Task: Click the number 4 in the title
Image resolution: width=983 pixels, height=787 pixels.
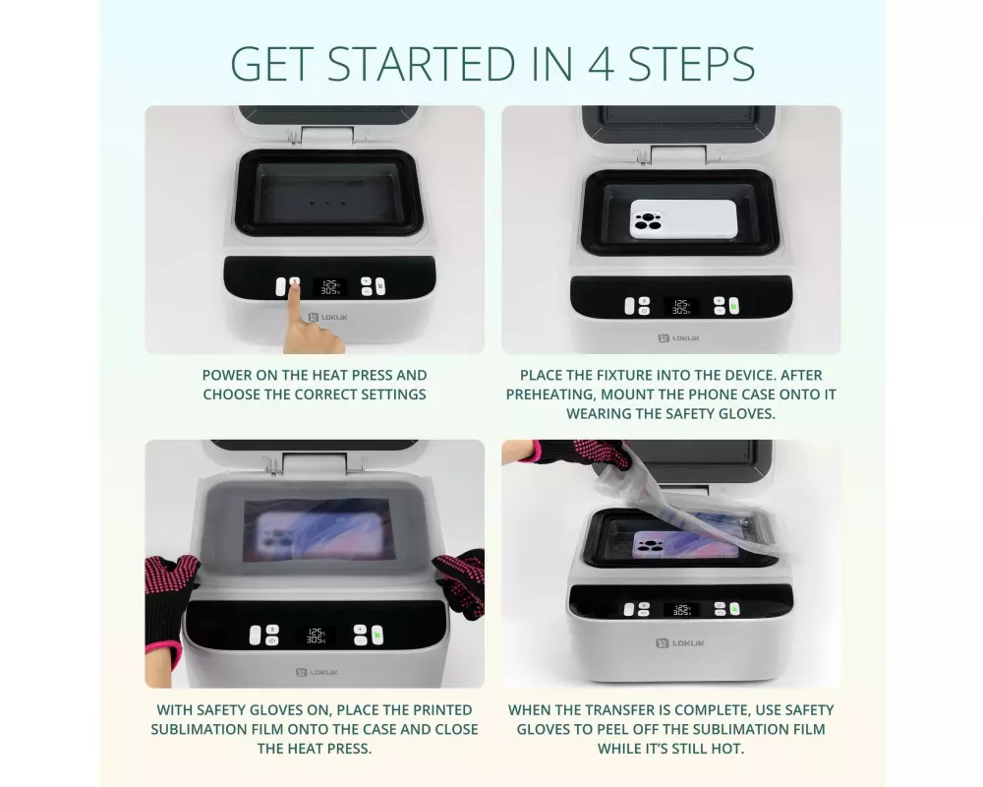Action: pos(601,64)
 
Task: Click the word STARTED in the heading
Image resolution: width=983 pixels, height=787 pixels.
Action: pos(422,64)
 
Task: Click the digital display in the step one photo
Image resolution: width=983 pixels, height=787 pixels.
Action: pos(329,287)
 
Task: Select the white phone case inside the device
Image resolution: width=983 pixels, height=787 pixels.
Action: pos(683,219)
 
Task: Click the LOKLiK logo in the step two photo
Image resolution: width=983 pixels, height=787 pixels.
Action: pos(678,338)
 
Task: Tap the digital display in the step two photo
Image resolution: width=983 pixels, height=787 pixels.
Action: pos(681,306)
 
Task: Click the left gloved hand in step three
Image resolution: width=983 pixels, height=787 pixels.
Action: pos(168,602)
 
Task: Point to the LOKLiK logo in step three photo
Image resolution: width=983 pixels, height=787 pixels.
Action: pos(317,672)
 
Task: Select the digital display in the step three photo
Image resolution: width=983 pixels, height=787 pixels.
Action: pos(316,636)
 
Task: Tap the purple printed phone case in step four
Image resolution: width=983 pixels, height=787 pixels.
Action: pos(686,545)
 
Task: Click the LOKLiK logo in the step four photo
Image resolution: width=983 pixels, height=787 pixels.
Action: pos(679,642)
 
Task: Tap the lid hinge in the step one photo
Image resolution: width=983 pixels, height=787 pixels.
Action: pos(326,135)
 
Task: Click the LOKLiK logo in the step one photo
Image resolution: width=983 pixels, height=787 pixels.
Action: pos(327,318)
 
